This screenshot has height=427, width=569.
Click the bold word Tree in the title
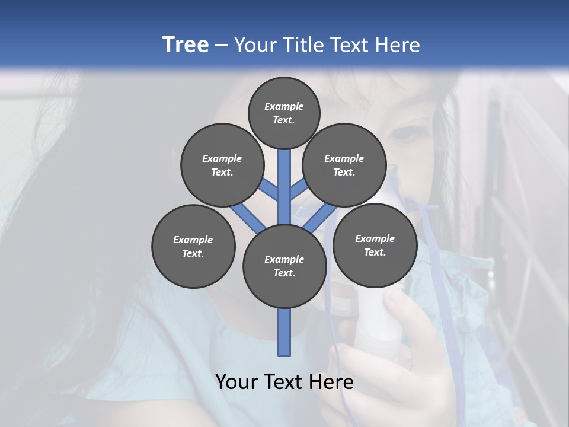[x=186, y=45]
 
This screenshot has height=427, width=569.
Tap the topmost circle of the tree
[x=284, y=113]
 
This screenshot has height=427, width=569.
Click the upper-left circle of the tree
[x=222, y=165]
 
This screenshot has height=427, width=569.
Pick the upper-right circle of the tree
[x=344, y=165]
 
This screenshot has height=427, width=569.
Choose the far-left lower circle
[x=193, y=246]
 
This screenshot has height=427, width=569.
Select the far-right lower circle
[x=375, y=245]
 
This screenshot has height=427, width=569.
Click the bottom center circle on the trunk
[x=284, y=266]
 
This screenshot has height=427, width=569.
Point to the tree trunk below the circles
[x=284, y=332]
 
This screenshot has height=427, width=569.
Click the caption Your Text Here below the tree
[x=284, y=382]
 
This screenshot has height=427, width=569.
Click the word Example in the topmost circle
[x=284, y=106]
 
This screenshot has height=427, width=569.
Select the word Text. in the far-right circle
[x=375, y=252]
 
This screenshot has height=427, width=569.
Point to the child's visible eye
[x=404, y=133]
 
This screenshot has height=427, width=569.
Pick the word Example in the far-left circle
[x=193, y=240]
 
